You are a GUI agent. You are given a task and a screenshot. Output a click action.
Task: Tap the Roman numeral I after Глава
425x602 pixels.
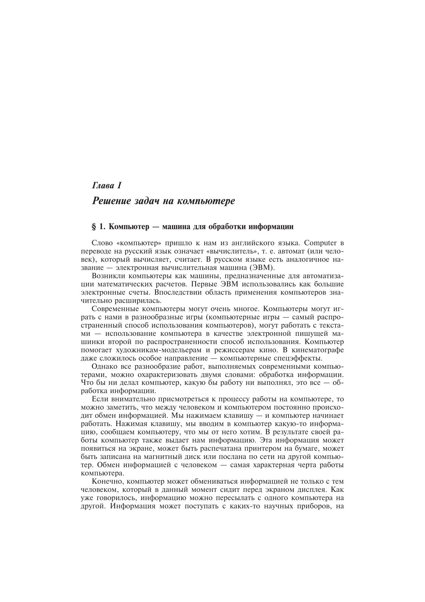click(120, 186)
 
